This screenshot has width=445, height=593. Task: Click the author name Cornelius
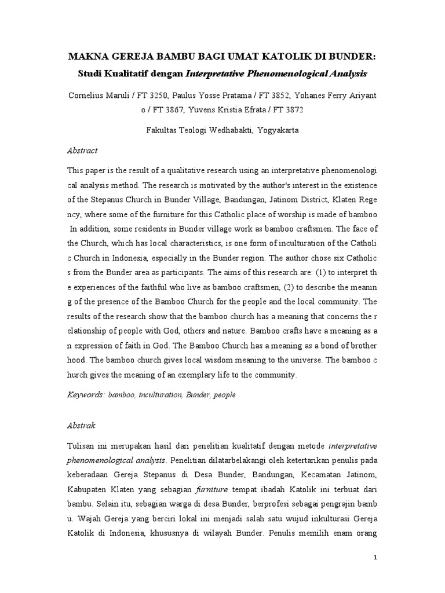click(90, 94)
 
